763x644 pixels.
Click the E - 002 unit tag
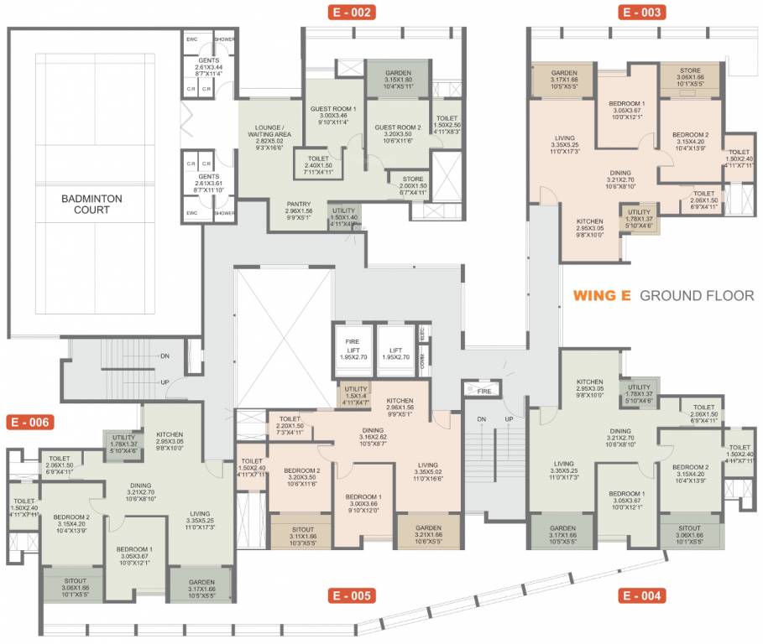pyautogui.click(x=351, y=12)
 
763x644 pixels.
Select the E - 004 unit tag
pyautogui.click(x=642, y=596)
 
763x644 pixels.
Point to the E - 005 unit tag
pyautogui.click(x=350, y=596)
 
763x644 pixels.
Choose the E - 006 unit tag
pyautogui.click(x=30, y=422)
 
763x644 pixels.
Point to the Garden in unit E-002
pyautogui.click(x=398, y=78)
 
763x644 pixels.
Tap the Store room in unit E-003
pyautogui.click(x=690, y=76)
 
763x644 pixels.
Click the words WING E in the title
pyautogui.click(x=602, y=295)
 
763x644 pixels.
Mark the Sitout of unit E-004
pyautogui.click(x=690, y=535)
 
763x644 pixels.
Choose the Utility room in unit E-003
pyautogui.click(x=639, y=218)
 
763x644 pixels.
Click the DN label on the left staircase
pyautogui.click(x=166, y=356)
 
